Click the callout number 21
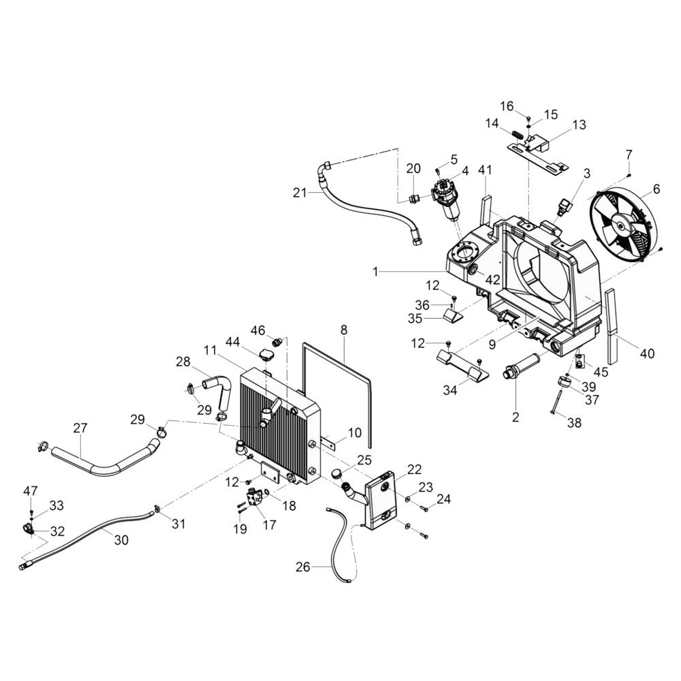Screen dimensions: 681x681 pos(300,193)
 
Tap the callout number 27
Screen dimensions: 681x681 pos(80,428)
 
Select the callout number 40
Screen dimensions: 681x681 pos(646,353)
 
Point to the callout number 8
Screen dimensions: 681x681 pos(344,330)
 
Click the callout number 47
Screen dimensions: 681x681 pos(31,490)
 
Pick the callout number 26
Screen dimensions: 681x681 pos(303,566)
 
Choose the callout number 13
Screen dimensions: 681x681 pos(578,125)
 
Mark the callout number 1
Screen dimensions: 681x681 pos(375,271)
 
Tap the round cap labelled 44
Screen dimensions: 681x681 pos(266,355)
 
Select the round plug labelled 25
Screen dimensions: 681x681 pos(335,474)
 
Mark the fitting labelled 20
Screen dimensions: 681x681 pos(413,198)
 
